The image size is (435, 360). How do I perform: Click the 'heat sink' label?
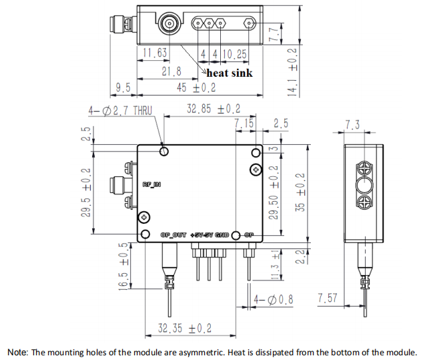click(230, 72)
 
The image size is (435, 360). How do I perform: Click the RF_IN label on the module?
click(151, 184)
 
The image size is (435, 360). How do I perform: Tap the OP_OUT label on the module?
click(174, 235)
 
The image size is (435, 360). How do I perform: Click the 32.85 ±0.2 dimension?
click(213, 109)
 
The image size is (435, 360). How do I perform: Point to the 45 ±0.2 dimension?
click(196, 87)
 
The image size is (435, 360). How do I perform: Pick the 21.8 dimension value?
click(171, 71)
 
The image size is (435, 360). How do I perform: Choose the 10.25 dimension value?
click(235, 54)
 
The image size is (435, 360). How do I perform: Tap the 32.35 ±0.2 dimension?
click(184, 328)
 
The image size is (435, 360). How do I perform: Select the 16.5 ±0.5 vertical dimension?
click(123, 266)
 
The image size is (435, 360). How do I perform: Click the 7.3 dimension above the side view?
click(353, 125)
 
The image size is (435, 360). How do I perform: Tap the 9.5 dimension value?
click(123, 87)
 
